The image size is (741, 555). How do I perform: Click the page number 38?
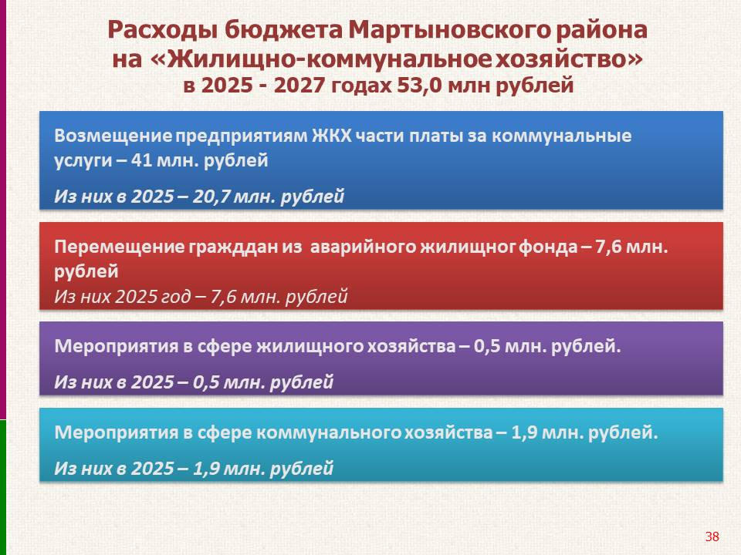[x=712, y=536]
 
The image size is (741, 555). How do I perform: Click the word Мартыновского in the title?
[x=449, y=30]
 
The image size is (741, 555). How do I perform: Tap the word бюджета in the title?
[x=283, y=30]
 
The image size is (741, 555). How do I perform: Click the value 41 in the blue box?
[x=141, y=160]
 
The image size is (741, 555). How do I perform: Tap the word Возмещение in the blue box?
[x=113, y=136]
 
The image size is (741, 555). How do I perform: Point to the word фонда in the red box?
[x=548, y=247]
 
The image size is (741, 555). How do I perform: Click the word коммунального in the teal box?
[x=329, y=432]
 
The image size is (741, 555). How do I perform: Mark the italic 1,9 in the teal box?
[x=205, y=468]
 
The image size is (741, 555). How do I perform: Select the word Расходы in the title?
[x=163, y=30]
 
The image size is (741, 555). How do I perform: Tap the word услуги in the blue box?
[x=83, y=161]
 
